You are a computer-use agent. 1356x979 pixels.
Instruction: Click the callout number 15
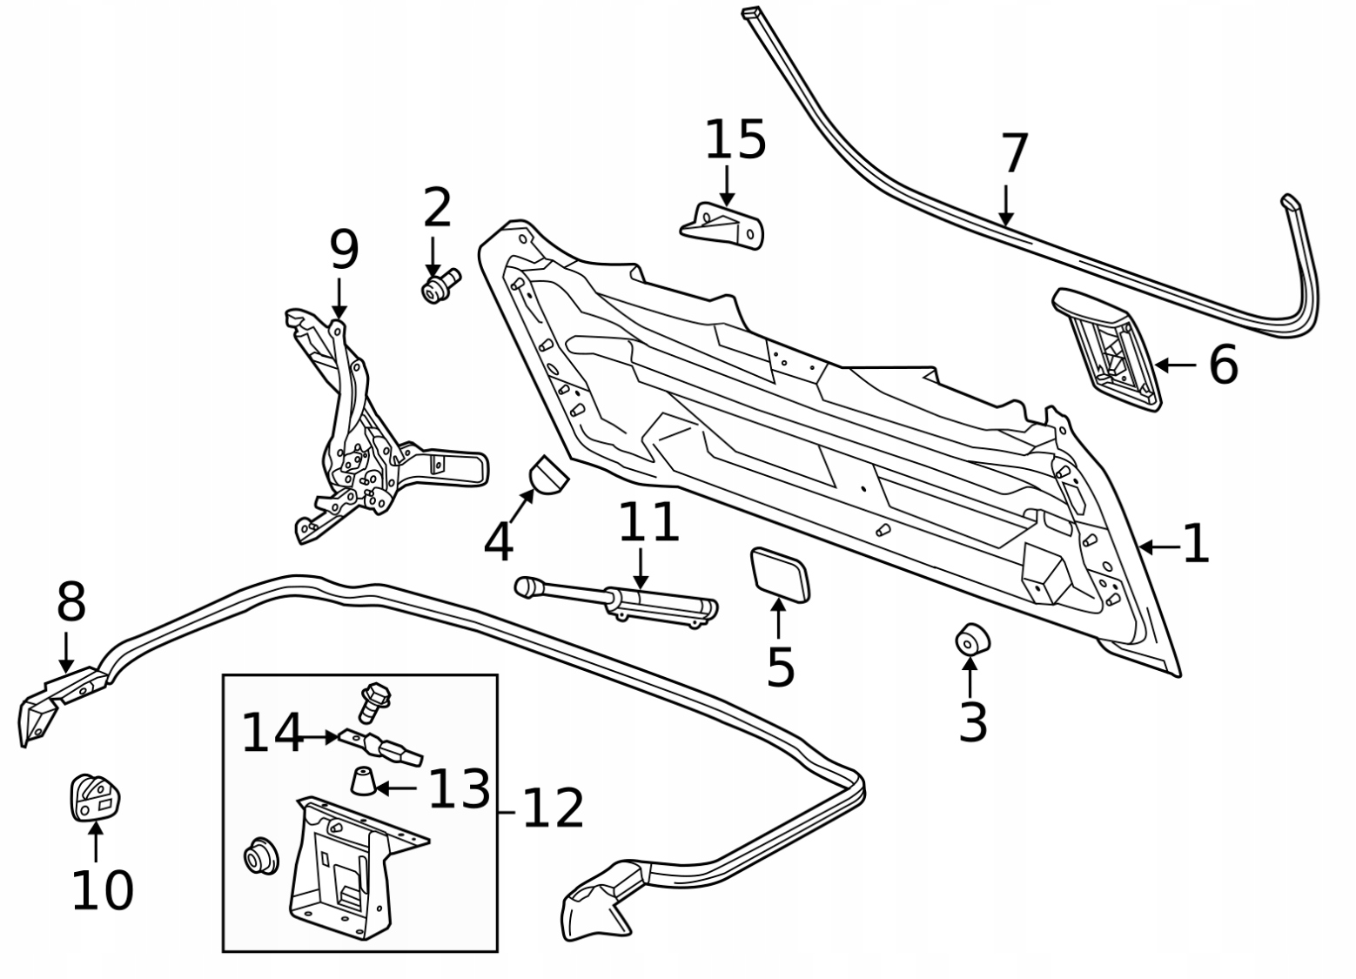pos(735,140)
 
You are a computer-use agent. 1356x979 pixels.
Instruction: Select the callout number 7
pos(1015,154)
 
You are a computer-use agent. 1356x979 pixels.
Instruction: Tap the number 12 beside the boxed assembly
pos(553,808)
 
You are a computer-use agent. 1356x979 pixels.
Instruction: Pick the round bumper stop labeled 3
pos(972,640)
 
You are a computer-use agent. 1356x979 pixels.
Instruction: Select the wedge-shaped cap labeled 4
pos(548,474)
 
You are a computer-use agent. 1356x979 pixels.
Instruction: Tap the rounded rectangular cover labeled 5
pos(780,574)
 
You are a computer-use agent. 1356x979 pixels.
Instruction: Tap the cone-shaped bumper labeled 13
pos(363,781)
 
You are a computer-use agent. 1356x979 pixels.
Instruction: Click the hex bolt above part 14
pos(373,701)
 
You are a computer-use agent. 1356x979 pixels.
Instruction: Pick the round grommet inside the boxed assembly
pos(259,855)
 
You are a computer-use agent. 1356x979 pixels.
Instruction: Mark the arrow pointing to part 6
pos(1176,365)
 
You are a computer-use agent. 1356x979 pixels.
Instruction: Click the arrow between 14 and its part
pos(321,737)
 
